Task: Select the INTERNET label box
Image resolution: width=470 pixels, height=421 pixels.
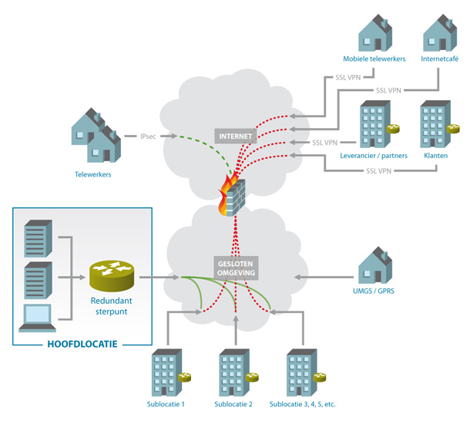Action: [235, 136]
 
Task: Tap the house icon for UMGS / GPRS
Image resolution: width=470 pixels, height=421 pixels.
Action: [377, 266]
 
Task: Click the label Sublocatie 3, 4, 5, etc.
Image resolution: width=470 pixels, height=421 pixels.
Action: [302, 404]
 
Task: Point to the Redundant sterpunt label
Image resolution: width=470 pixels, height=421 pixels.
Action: [109, 303]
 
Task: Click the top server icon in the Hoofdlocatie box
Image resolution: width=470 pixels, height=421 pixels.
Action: [39, 235]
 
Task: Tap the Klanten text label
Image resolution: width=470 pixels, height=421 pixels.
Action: [437, 156]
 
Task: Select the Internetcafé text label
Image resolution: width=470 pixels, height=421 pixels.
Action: [441, 59]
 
